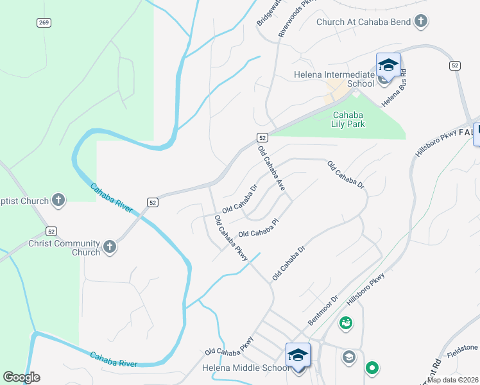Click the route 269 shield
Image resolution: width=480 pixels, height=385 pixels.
click(44, 23)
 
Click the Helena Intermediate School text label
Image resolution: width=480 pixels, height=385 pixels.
click(334, 78)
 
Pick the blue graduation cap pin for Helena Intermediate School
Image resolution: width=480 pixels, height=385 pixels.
click(388, 66)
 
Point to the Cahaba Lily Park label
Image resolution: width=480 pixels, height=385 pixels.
click(348, 119)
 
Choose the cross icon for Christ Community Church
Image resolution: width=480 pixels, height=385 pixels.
click(109, 246)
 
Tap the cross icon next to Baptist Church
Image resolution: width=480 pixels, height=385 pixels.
click(58, 200)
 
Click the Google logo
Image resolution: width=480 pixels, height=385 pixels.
click(21, 377)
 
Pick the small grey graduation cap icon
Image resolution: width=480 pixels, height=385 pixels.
click(349, 357)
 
